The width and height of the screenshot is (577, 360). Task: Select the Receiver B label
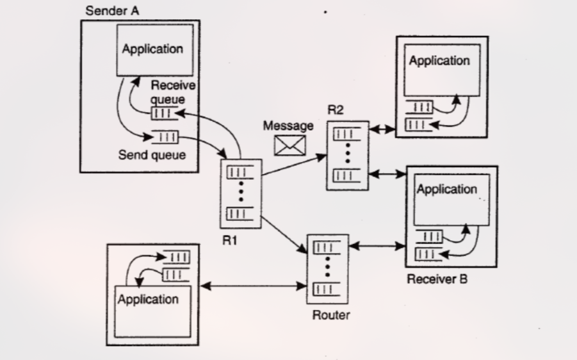click(437, 279)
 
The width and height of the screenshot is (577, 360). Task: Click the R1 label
click(230, 241)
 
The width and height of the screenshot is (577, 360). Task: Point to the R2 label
click(336, 110)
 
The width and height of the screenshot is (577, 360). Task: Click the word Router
click(330, 315)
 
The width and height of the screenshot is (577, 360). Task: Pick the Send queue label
click(152, 154)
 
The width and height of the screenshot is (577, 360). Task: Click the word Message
click(288, 126)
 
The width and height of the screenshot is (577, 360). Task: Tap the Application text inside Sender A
click(152, 49)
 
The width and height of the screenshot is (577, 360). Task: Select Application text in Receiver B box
click(446, 189)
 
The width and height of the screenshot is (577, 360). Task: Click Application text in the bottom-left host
click(148, 299)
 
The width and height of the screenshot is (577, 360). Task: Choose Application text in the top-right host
click(439, 61)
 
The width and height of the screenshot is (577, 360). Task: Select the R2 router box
click(348, 154)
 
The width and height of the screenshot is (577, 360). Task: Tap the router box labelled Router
click(327, 267)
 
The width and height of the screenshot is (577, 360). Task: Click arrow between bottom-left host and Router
click(254, 286)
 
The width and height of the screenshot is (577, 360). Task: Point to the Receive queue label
click(173, 92)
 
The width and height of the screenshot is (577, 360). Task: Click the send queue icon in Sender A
click(166, 137)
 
